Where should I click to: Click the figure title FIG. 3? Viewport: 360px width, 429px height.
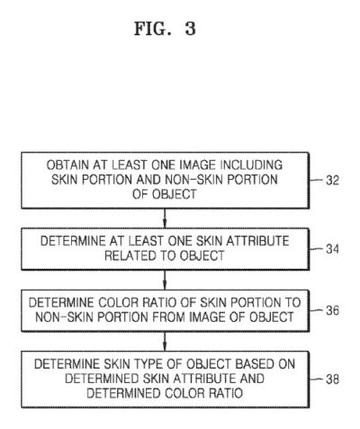pyautogui.click(x=165, y=29)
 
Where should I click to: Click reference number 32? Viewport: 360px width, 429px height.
pyautogui.click(x=332, y=181)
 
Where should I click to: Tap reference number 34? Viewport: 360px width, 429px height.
pyautogui.click(x=332, y=249)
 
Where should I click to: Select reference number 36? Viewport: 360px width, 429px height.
pyautogui.click(x=332, y=310)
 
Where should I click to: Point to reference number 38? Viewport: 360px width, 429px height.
pyautogui.click(x=332, y=380)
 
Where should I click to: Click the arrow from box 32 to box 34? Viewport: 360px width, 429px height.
pyautogui.click(x=165, y=219)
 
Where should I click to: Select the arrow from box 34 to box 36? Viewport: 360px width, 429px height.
pyautogui.click(x=165, y=280)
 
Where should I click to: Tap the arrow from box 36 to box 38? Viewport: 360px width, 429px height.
pyautogui.click(x=165, y=341)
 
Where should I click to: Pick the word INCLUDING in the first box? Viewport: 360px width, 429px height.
pyautogui.click(x=252, y=165)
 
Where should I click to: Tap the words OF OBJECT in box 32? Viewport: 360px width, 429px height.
pyautogui.click(x=165, y=194)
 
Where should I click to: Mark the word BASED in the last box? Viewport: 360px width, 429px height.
pyautogui.click(x=255, y=364)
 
